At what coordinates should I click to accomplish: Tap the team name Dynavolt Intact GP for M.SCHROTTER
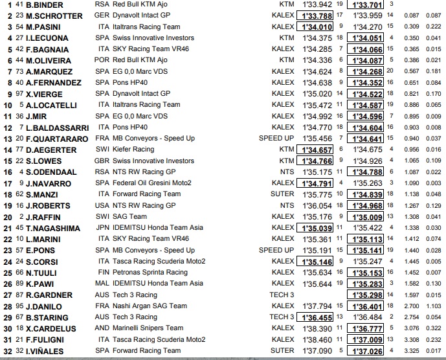(148, 16)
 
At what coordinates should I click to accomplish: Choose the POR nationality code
(103, 60)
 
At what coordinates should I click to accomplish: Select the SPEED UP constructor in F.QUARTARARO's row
(276, 139)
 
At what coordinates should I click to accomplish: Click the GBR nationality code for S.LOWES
(104, 161)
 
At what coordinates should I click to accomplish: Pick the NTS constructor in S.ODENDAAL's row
(287, 172)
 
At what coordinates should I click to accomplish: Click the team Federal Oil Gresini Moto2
(151, 183)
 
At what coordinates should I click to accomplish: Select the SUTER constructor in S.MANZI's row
(283, 194)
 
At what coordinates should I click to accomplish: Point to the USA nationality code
(104, 205)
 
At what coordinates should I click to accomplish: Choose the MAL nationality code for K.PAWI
(104, 284)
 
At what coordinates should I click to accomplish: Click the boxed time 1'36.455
(315, 317)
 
